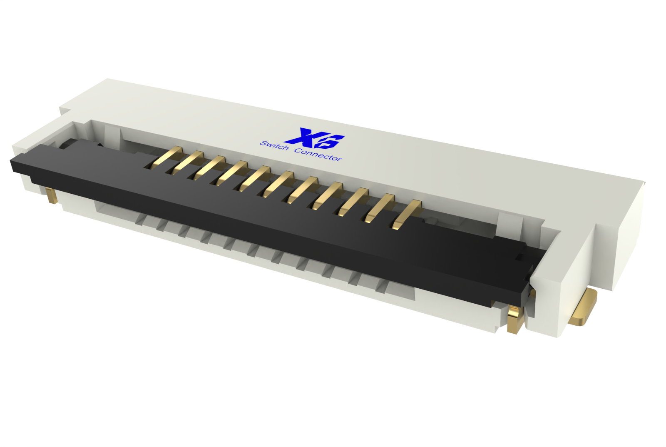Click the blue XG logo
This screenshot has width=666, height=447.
tap(315, 139)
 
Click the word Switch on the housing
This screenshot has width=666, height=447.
tap(274, 146)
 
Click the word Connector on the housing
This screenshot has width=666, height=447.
tap(318, 154)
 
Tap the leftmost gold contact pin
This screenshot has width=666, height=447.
tap(166, 158)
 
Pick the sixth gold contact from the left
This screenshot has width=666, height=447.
tap(278, 184)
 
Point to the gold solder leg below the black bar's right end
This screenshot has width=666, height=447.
tap(514, 320)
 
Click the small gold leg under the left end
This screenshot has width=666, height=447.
tap(51, 195)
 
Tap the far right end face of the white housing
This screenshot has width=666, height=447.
tap(629, 233)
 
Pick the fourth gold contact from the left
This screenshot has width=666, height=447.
tap(232, 173)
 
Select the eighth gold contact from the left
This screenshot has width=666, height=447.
tap(327, 195)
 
